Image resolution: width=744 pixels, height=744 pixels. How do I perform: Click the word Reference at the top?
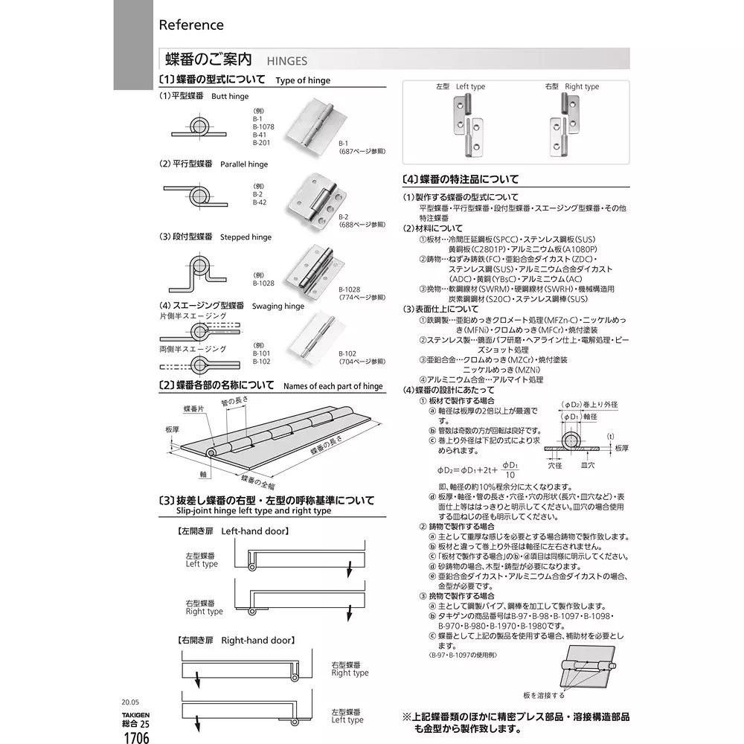coord(191,25)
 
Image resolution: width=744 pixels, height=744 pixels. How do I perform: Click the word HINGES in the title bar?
coord(286,61)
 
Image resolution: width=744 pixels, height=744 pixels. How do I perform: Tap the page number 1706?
coord(135,737)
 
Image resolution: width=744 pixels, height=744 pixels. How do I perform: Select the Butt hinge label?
coord(230,97)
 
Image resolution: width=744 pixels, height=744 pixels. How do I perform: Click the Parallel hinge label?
coord(244,164)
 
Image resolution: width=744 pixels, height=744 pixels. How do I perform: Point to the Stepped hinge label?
coord(246,237)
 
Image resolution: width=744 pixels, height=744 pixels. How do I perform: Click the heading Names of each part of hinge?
coord(333,387)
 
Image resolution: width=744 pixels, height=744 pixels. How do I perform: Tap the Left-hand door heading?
coord(254,532)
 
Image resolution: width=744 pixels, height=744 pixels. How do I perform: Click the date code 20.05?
coord(130,701)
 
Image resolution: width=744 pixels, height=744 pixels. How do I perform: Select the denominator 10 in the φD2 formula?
coord(510,475)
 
